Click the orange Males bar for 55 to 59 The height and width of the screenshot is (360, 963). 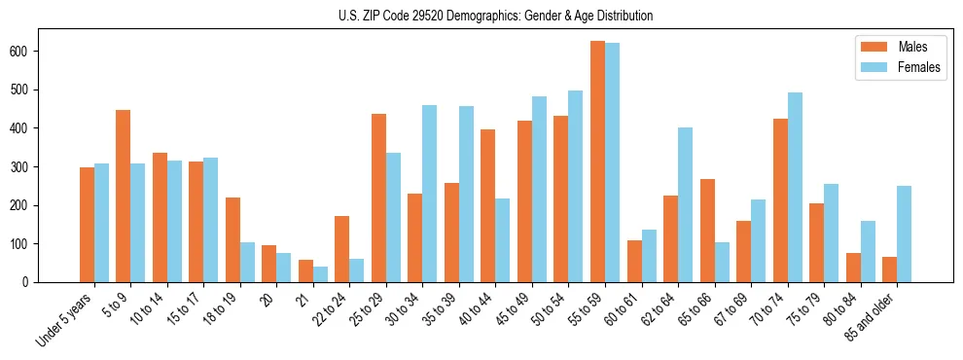(x=597, y=162)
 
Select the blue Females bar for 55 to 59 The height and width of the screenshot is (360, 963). (x=612, y=162)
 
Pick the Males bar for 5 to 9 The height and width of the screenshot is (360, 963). (x=124, y=196)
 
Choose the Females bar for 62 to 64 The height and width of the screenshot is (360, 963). (x=685, y=204)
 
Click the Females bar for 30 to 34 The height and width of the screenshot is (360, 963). (x=430, y=194)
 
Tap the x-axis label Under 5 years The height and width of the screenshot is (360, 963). (x=66, y=316)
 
